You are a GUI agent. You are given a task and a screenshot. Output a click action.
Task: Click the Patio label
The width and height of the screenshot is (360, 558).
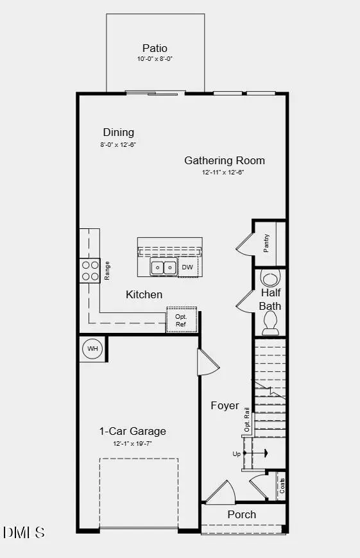155,48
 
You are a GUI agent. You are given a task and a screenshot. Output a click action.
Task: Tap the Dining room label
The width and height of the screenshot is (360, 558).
118,132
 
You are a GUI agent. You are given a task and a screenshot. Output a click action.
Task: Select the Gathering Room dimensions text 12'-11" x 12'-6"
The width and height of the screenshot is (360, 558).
224,173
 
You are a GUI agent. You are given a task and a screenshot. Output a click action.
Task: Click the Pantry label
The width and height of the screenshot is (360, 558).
266,243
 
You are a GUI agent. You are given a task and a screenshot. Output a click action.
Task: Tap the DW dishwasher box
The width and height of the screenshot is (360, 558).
187,267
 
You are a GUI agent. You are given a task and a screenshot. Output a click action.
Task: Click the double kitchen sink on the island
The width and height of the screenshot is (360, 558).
164,267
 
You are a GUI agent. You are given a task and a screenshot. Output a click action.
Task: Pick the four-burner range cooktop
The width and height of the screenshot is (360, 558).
90,271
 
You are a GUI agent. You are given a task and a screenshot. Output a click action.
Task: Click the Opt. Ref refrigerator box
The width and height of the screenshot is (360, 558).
181,320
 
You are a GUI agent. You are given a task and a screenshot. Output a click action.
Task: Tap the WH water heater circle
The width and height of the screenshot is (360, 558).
93,349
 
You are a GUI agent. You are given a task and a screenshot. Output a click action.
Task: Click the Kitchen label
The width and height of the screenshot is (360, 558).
144,294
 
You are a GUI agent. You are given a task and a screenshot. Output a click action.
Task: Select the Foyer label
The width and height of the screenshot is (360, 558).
225,405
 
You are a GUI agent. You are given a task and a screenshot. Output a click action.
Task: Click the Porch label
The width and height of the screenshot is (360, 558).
242,514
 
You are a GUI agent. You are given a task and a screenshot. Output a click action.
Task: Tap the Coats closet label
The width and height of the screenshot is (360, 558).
281,486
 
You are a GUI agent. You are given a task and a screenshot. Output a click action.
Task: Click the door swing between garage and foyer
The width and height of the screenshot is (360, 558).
207,364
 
